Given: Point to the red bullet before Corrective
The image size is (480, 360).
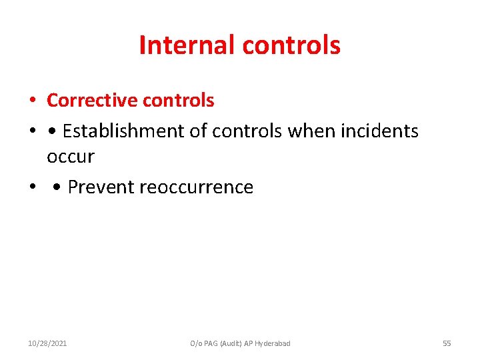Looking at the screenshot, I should (33, 101).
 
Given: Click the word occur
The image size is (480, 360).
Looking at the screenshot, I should (70, 157).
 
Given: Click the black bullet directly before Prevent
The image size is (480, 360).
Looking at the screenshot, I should (58, 188).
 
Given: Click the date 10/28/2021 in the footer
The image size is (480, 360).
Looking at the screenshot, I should (47, 343).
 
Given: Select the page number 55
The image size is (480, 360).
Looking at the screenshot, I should (447, 343).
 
